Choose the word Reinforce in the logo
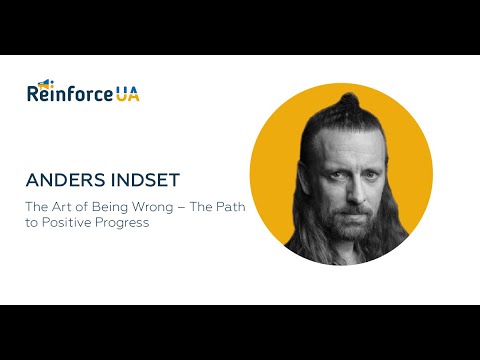70,95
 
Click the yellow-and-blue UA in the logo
127,95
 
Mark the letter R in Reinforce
34,96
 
